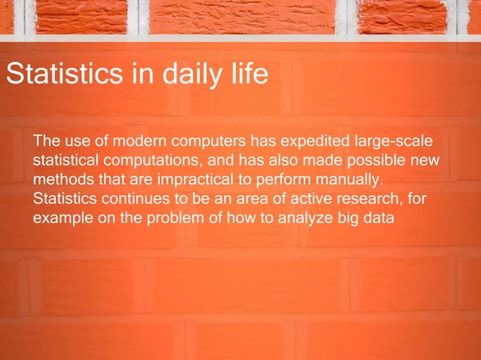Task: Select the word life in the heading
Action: click(246, 75)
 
